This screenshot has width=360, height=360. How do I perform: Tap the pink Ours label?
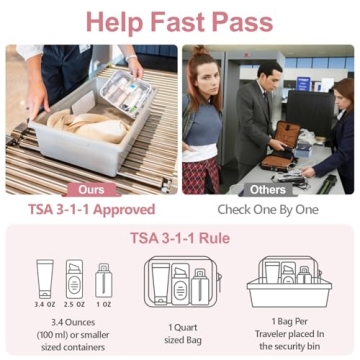pos(91,188)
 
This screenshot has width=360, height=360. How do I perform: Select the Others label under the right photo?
pos(268,188)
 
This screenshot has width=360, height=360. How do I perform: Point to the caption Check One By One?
pos(268,210)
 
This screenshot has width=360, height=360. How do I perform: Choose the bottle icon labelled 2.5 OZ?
pos(73,281)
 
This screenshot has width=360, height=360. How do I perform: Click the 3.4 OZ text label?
pos(43,305)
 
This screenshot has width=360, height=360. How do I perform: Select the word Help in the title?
pos(113,21)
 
